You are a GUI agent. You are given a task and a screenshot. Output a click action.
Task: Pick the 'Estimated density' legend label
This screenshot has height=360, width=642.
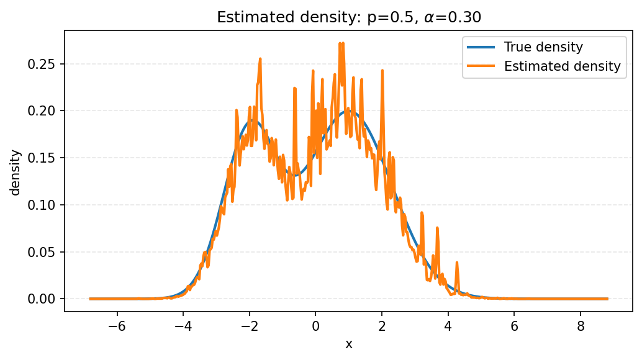(562, 66)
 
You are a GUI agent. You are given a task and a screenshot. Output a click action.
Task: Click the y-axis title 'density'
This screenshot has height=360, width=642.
(16, 172)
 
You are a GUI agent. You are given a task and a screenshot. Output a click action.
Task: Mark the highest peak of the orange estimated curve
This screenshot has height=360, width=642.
(340, 43)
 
